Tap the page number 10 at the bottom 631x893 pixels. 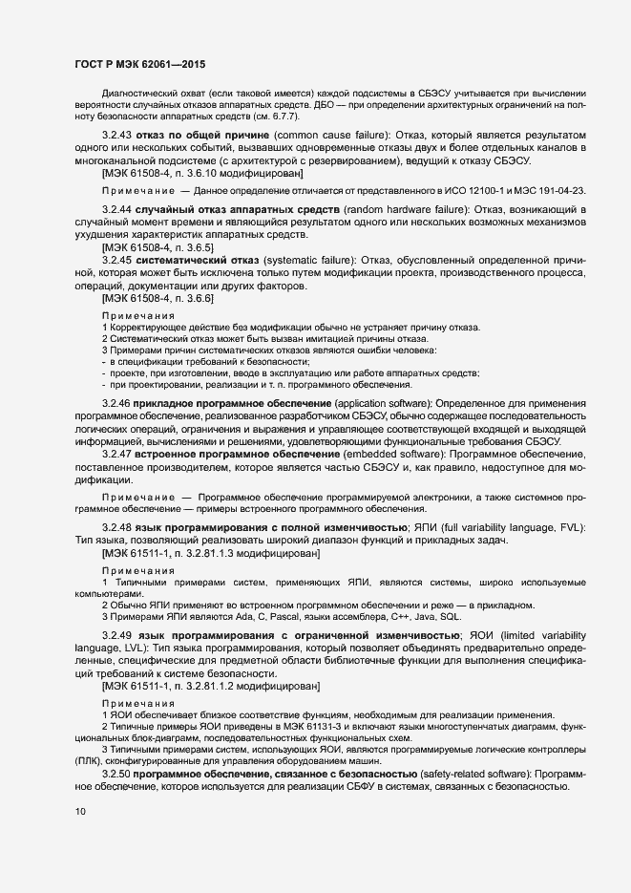tap(80, 812)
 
